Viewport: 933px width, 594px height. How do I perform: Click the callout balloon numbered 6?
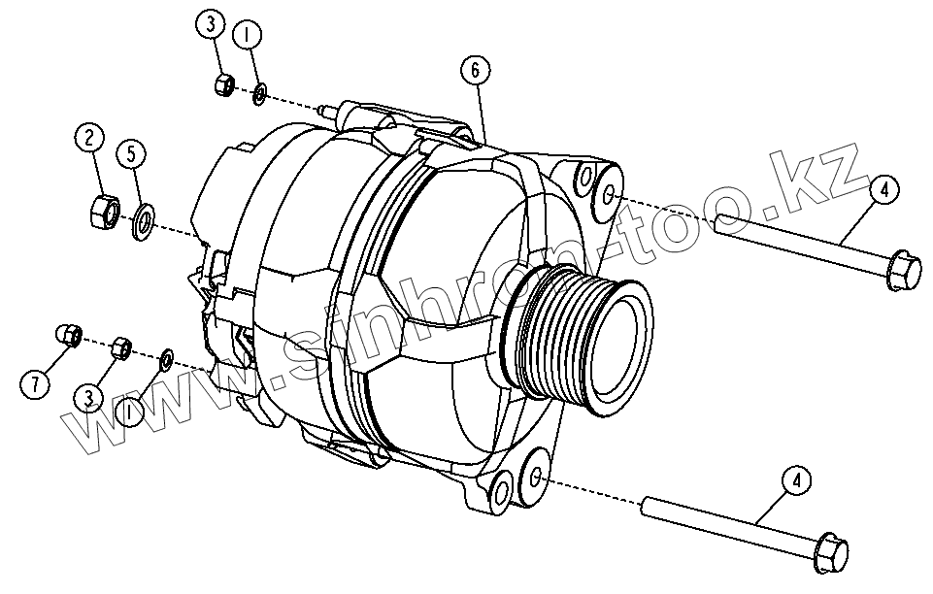(x=475, y=70)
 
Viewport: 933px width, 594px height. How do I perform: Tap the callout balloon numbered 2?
(x=89, y=139)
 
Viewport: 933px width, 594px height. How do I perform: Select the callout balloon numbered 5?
(x=131, y=153)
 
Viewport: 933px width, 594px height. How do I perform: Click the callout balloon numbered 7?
(x=35, y=384)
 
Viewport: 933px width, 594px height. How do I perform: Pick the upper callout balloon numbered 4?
(x=884, y=190)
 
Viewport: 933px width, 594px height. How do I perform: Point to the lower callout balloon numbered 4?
(x=797, y=480)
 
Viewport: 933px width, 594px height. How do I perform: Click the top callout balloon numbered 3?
(x=210, y=25)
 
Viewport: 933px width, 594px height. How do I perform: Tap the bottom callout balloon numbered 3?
(x=88, y=398)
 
